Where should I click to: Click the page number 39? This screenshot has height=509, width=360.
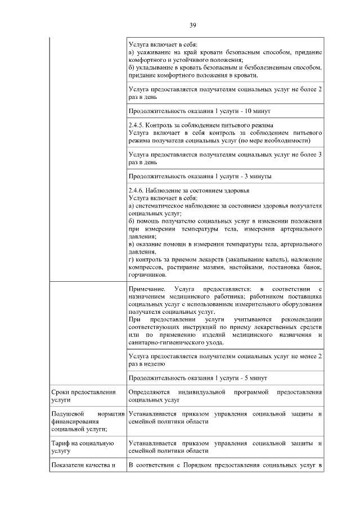192,25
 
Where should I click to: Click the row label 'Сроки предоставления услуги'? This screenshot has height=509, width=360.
83,395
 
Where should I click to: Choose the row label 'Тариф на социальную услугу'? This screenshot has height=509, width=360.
82,447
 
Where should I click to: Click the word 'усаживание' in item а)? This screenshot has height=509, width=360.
154,52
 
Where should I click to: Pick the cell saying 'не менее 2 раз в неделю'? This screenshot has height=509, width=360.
225,360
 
